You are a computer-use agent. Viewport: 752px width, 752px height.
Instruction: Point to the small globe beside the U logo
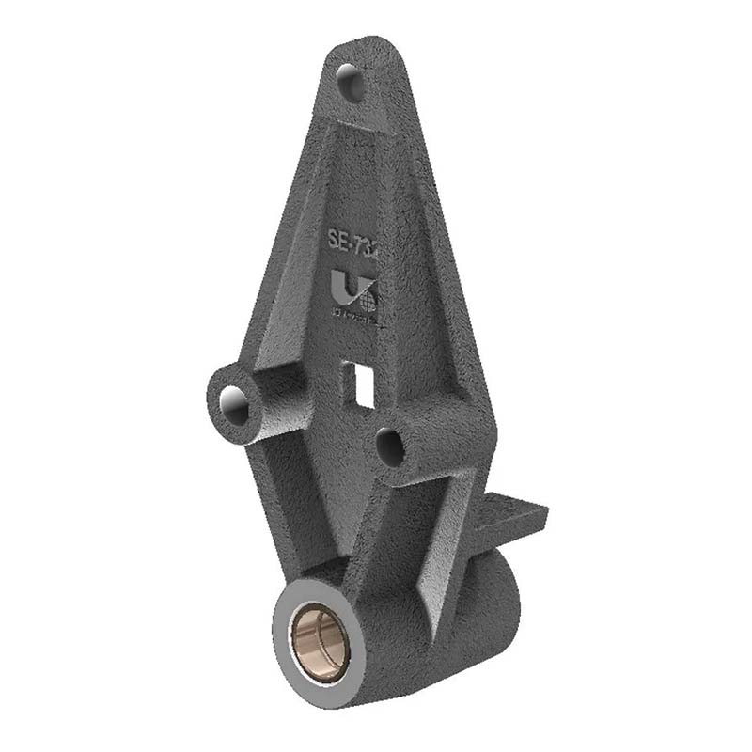[x=368, y=301]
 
